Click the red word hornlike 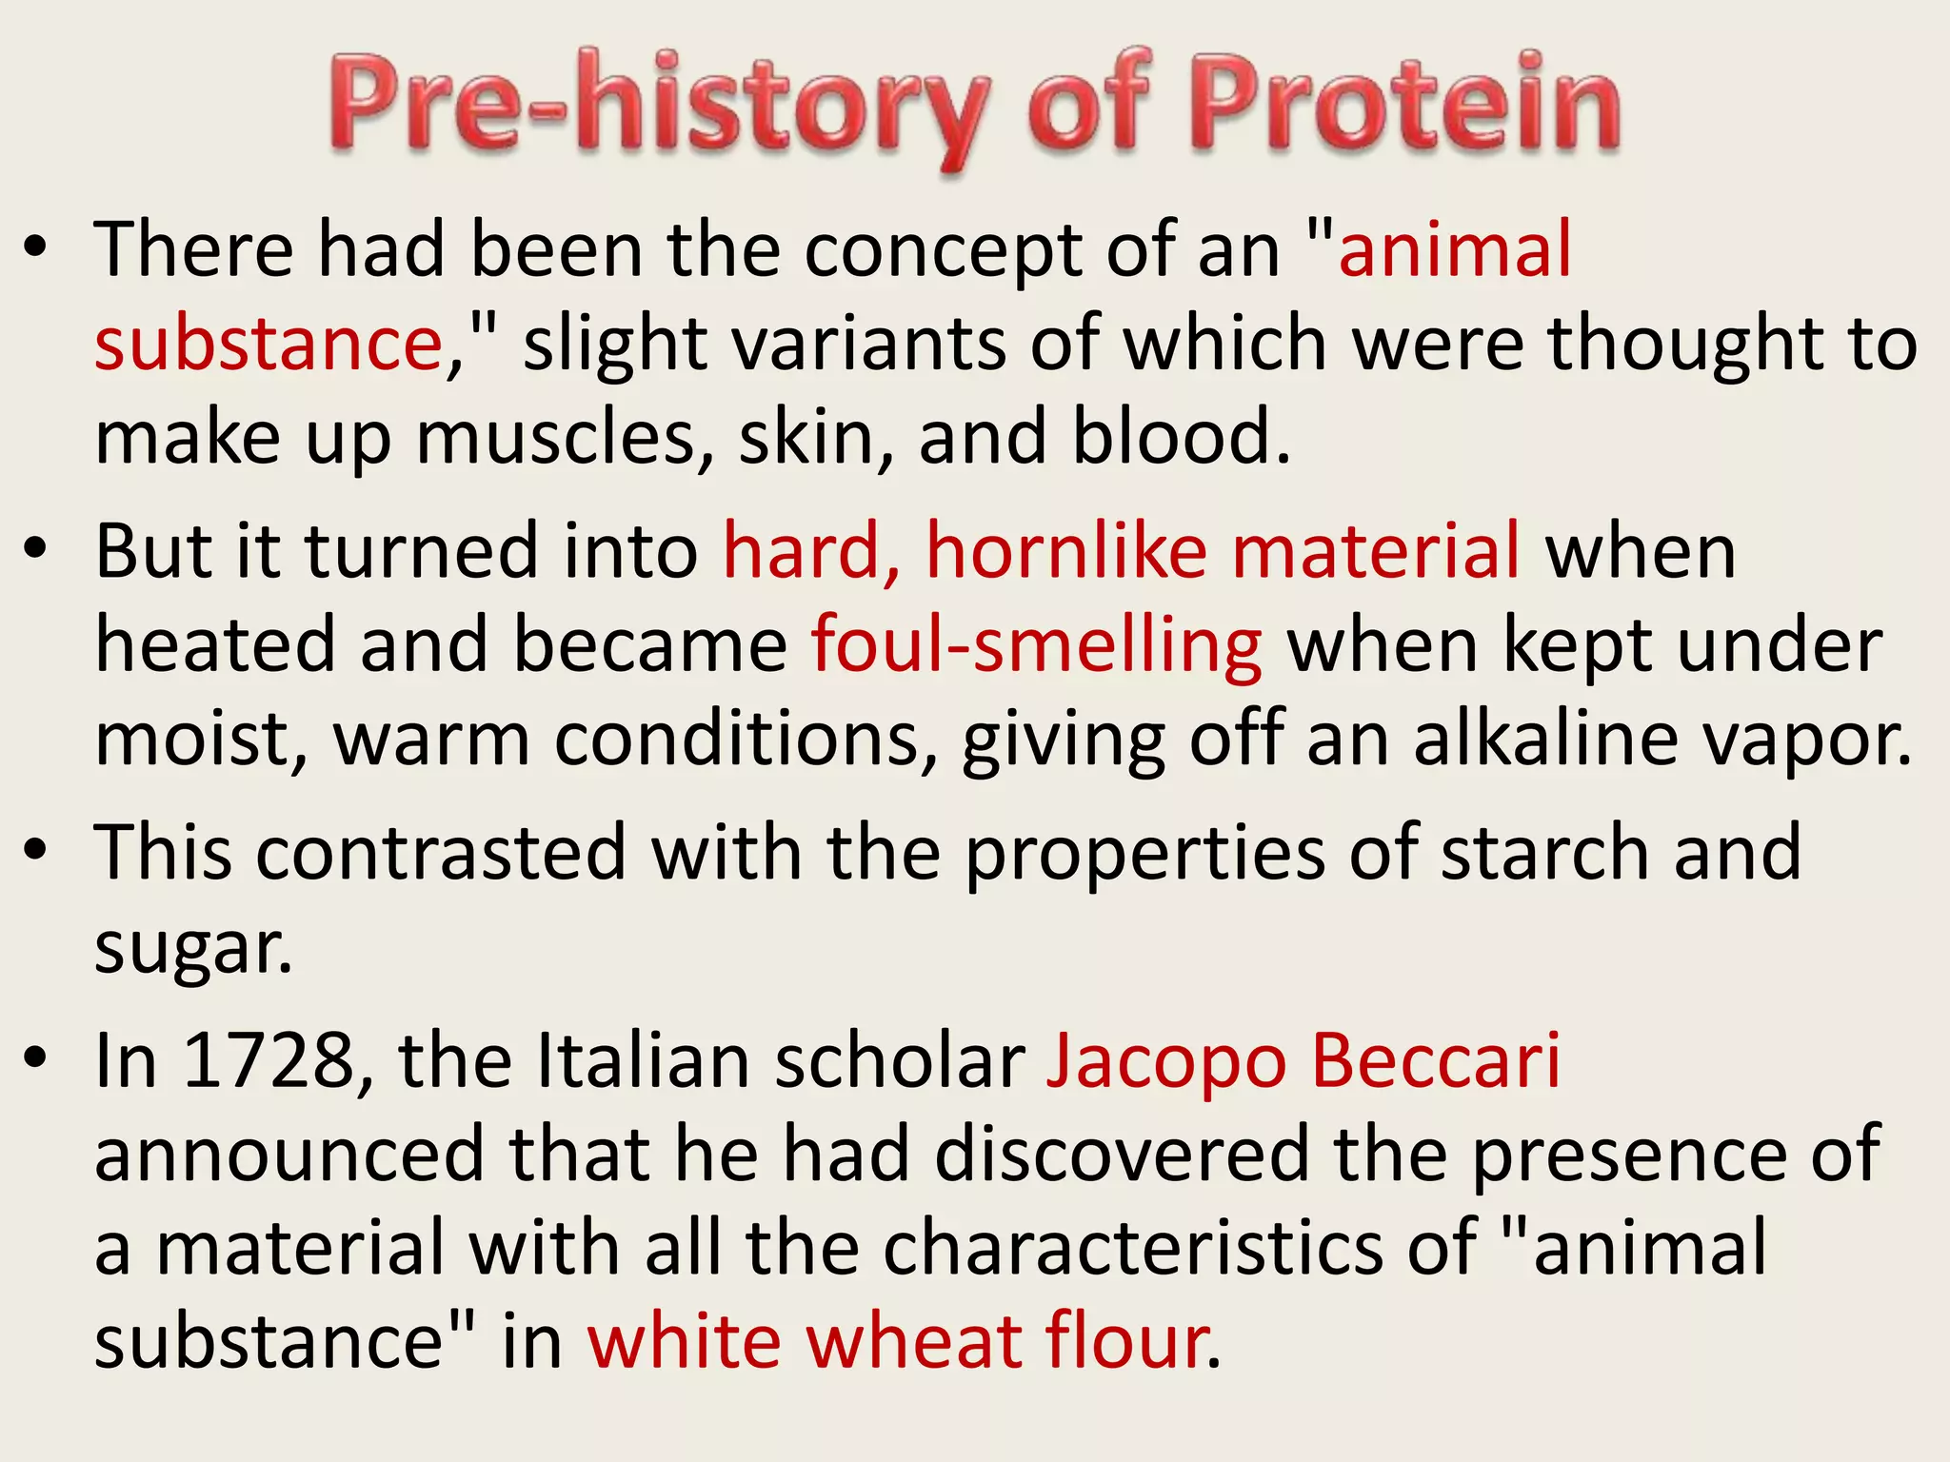[1066, 551]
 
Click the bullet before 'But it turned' [36, 549]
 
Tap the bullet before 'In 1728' [36, 1058]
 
